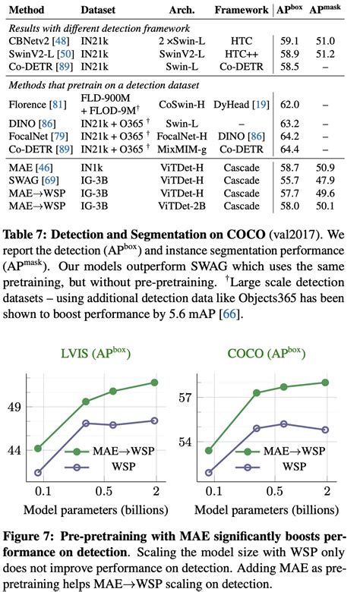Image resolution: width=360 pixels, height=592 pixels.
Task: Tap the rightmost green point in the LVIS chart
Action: tap(155, 382)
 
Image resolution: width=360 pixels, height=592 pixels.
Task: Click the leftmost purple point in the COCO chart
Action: tap(210, 473)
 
